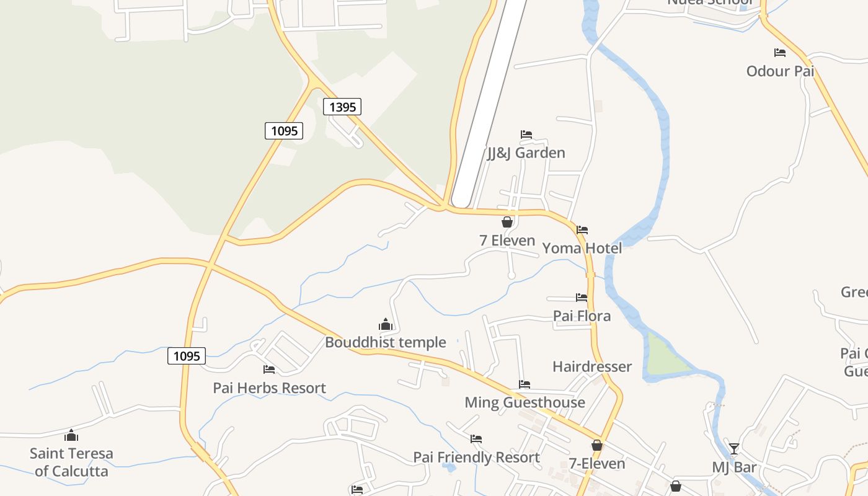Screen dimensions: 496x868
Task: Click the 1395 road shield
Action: click(x=342, y=107)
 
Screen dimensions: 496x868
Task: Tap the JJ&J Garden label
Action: click(x=526, y=153)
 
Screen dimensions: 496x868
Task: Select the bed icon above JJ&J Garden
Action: click(x=526, y=135)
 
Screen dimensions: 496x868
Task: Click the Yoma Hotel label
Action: click(x=582, y=249)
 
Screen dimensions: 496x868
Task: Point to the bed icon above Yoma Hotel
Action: click(x=582, y=230)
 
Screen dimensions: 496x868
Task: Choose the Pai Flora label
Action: click(x=582, y=316)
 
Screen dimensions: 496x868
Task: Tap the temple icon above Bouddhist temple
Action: click(x=386, y=324)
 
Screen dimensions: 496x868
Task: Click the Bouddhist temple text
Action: click(x=386, y=342)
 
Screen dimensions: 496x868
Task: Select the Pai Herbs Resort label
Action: click(x=269, y=388)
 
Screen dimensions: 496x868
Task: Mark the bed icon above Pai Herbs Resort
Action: click(x=269, y=370)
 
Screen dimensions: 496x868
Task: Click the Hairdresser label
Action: click(x=592, y=366)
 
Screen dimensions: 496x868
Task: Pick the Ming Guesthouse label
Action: click(x=525, y=402)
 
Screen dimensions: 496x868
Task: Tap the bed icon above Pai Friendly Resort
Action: click(x=476, y=439)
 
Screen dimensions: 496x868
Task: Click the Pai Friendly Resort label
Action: click(x=476, y=458)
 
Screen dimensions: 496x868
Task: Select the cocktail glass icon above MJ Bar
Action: click(x=734, y=449)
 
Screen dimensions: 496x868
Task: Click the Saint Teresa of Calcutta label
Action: click(x=71, y=462)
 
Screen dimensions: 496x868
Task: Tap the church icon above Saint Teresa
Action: click(x=71, y=435)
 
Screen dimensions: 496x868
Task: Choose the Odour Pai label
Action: click(x=780, y=71)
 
